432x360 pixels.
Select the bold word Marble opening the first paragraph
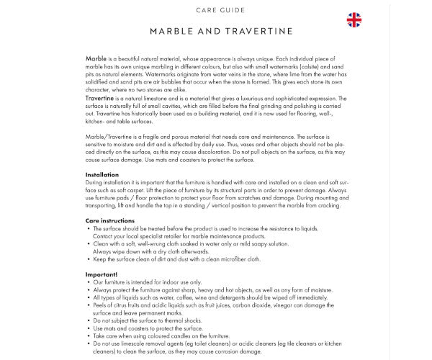(96, 55)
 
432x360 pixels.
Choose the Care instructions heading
(110, 220)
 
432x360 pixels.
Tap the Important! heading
(102, 274)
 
